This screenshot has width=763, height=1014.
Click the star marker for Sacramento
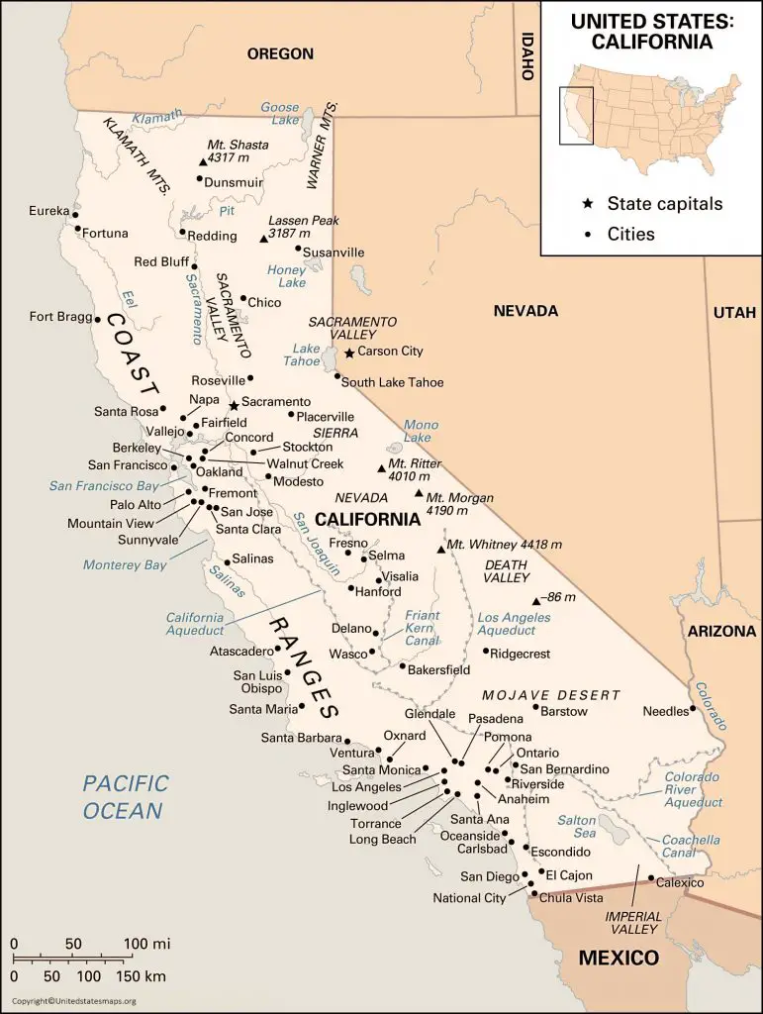pyautogui.click(x=234, y=405)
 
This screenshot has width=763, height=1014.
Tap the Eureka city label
pyautogui.click(x=48, y=211)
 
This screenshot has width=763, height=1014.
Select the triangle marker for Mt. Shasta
pyautogui.click(x=203, y=161)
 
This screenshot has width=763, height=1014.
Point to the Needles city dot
pyautogui.click(x=693, y=709)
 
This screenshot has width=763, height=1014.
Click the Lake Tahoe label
pyautogui.click(x=306, y=355)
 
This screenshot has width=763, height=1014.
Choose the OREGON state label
pyautogui.click(x=280, y=54)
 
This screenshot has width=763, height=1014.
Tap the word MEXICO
pyautogui.click(x=619, y=958)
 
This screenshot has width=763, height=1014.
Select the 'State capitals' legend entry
pyautogui.click(x=665, y=204)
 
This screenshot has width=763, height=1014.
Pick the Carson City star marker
pyautogui.click(x=349, y=352)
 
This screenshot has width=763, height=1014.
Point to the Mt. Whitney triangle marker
pyautogui.click(x=440, y=549)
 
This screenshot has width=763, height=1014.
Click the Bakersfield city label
pyautogui.click(x=439, y=669)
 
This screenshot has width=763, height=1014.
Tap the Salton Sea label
pyautogui.click(x=577, y=828)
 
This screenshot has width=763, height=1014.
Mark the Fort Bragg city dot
pyautogui.click(x=97, y=319)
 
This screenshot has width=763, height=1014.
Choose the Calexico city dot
pyautogui.click(x=650, y=877)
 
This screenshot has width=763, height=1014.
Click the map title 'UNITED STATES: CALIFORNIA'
pyautogui.click(x=651, y=31)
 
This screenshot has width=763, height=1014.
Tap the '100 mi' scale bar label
pyautogui.click(x=147, y=943)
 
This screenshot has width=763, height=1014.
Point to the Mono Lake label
pyautogui.click(x=421, y=431)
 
